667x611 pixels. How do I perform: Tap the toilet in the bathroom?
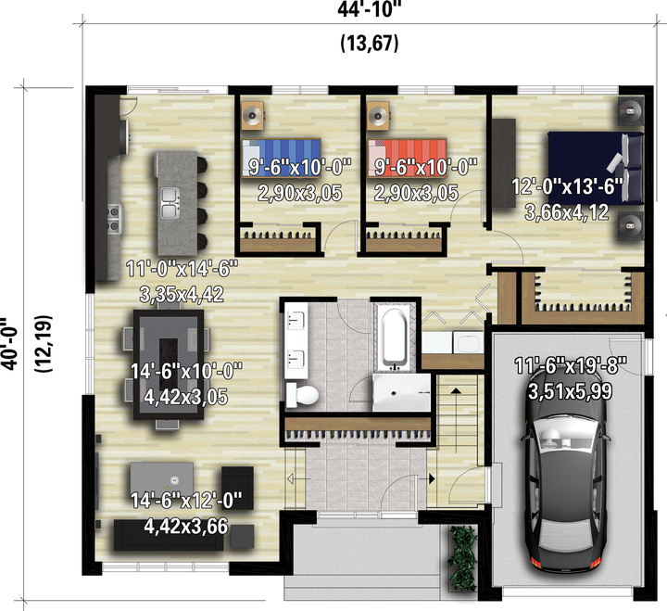302,395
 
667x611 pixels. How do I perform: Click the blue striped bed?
282,158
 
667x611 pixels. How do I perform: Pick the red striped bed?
407,158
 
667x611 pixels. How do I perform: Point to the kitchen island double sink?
170,203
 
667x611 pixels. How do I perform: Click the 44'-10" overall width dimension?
370,9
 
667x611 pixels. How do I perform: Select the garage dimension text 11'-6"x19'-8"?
571,365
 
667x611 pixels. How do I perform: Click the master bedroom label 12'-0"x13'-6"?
567,186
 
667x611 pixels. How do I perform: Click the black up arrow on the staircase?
456,391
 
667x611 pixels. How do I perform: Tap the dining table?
169,365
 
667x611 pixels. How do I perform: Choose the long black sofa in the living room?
169,534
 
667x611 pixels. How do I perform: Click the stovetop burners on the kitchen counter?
115,219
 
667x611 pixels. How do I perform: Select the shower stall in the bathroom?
401,392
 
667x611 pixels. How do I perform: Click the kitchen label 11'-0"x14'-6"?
182,269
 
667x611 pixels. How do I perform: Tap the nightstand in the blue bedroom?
253,115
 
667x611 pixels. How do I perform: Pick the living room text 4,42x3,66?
186,527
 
